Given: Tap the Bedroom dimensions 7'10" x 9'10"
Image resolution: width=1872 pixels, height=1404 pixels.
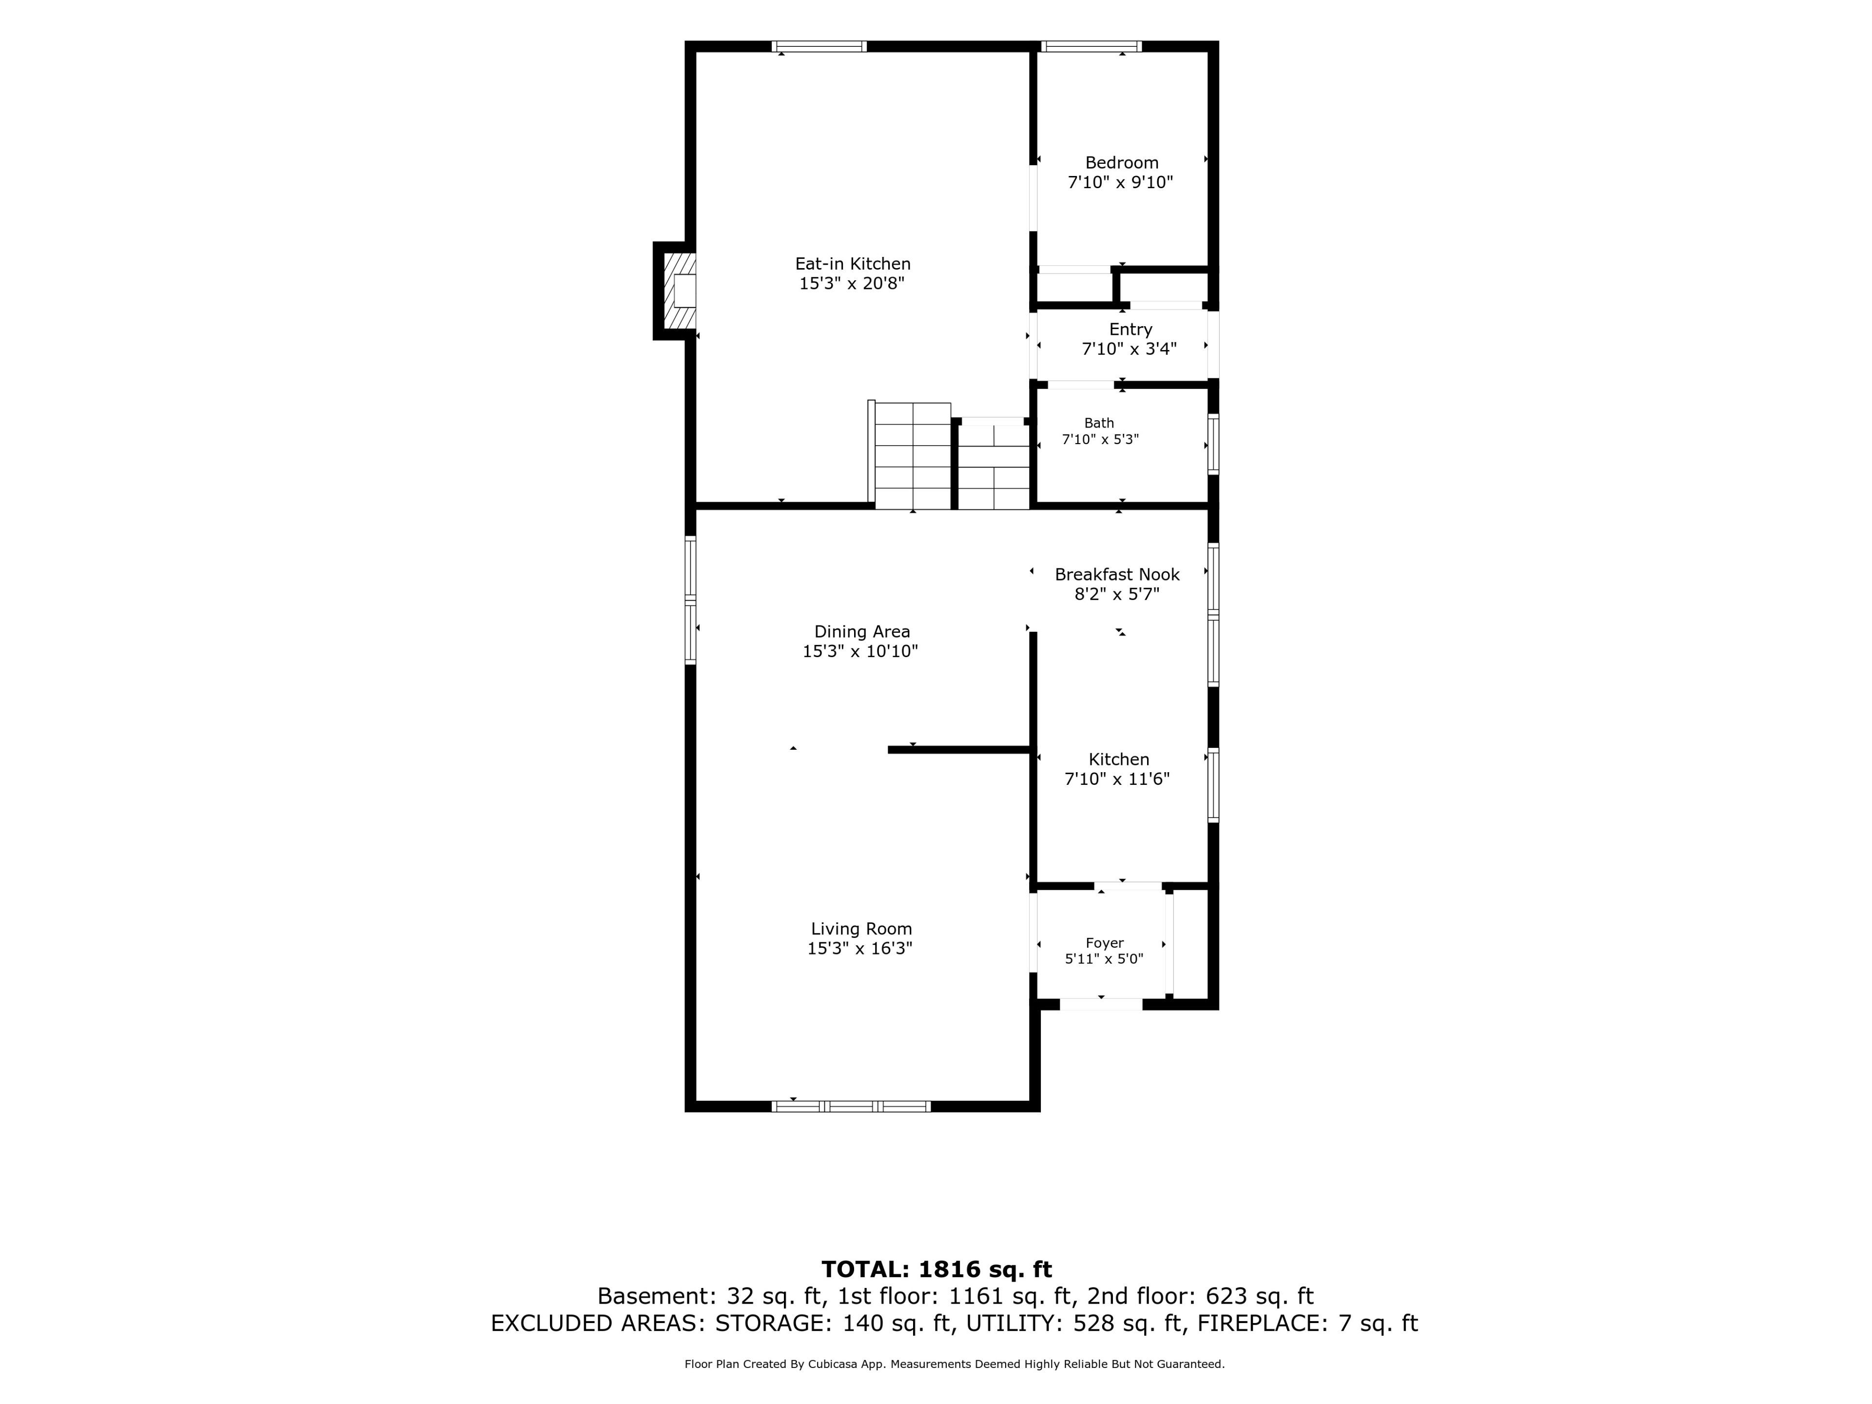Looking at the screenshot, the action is tap(1120, 182).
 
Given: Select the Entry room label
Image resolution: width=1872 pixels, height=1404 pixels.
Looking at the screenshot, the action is tap(1131, 329).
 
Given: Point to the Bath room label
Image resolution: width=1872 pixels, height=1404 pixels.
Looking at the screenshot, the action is tap(1099, 423).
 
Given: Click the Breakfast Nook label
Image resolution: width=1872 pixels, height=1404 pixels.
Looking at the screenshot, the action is tap(1117, 575).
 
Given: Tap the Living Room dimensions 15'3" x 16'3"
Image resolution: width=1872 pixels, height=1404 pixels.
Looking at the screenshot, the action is tap(860, 949).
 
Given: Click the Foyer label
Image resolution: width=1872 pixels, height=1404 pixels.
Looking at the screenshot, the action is tap(1104, 943).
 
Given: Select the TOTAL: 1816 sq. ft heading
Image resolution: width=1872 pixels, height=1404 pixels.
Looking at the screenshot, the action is tap(937, 1269).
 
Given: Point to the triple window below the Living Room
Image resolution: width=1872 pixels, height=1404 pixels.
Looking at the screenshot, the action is tap(851, 1106).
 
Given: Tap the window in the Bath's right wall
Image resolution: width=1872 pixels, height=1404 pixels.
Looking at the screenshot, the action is tap(1213, 444).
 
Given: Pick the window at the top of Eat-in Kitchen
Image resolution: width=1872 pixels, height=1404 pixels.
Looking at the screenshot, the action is tap(819, 46).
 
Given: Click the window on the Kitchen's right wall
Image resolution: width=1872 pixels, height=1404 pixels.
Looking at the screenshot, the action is tap(1213, 785).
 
